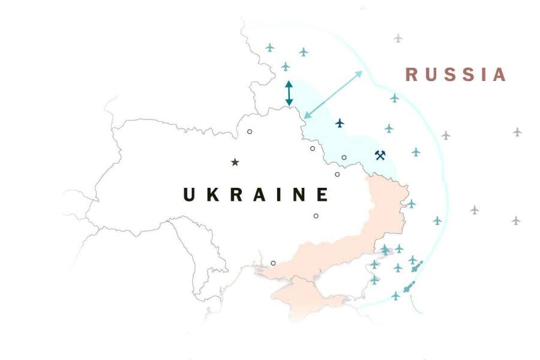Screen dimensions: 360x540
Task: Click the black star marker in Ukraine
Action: pos(235,162)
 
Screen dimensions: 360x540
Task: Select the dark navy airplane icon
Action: pos(340,123)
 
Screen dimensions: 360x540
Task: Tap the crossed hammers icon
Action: pos(379,155)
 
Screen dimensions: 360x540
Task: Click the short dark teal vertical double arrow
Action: pos(289,93)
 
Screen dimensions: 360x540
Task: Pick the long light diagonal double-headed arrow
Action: pos(333,94)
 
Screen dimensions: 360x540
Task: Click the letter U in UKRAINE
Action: pos(190,194)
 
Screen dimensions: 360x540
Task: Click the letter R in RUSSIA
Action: pos(412,74)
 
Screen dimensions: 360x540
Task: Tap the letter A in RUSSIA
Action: pos(500,74)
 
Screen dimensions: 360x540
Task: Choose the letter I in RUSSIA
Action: pos(481,74)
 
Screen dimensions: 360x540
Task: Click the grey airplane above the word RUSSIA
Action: pos(398,38)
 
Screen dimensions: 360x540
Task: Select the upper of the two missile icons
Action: pos(417,266)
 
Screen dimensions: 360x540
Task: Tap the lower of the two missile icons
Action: pos(410,287)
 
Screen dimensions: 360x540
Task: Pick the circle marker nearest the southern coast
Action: pos(273,263)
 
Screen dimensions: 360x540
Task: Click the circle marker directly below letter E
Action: pos(316,216)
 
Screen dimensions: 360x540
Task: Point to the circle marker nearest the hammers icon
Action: pos(344,158)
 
